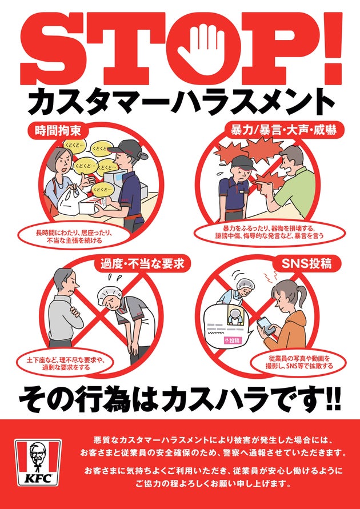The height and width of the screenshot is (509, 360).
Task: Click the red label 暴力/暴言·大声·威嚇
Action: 283,130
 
